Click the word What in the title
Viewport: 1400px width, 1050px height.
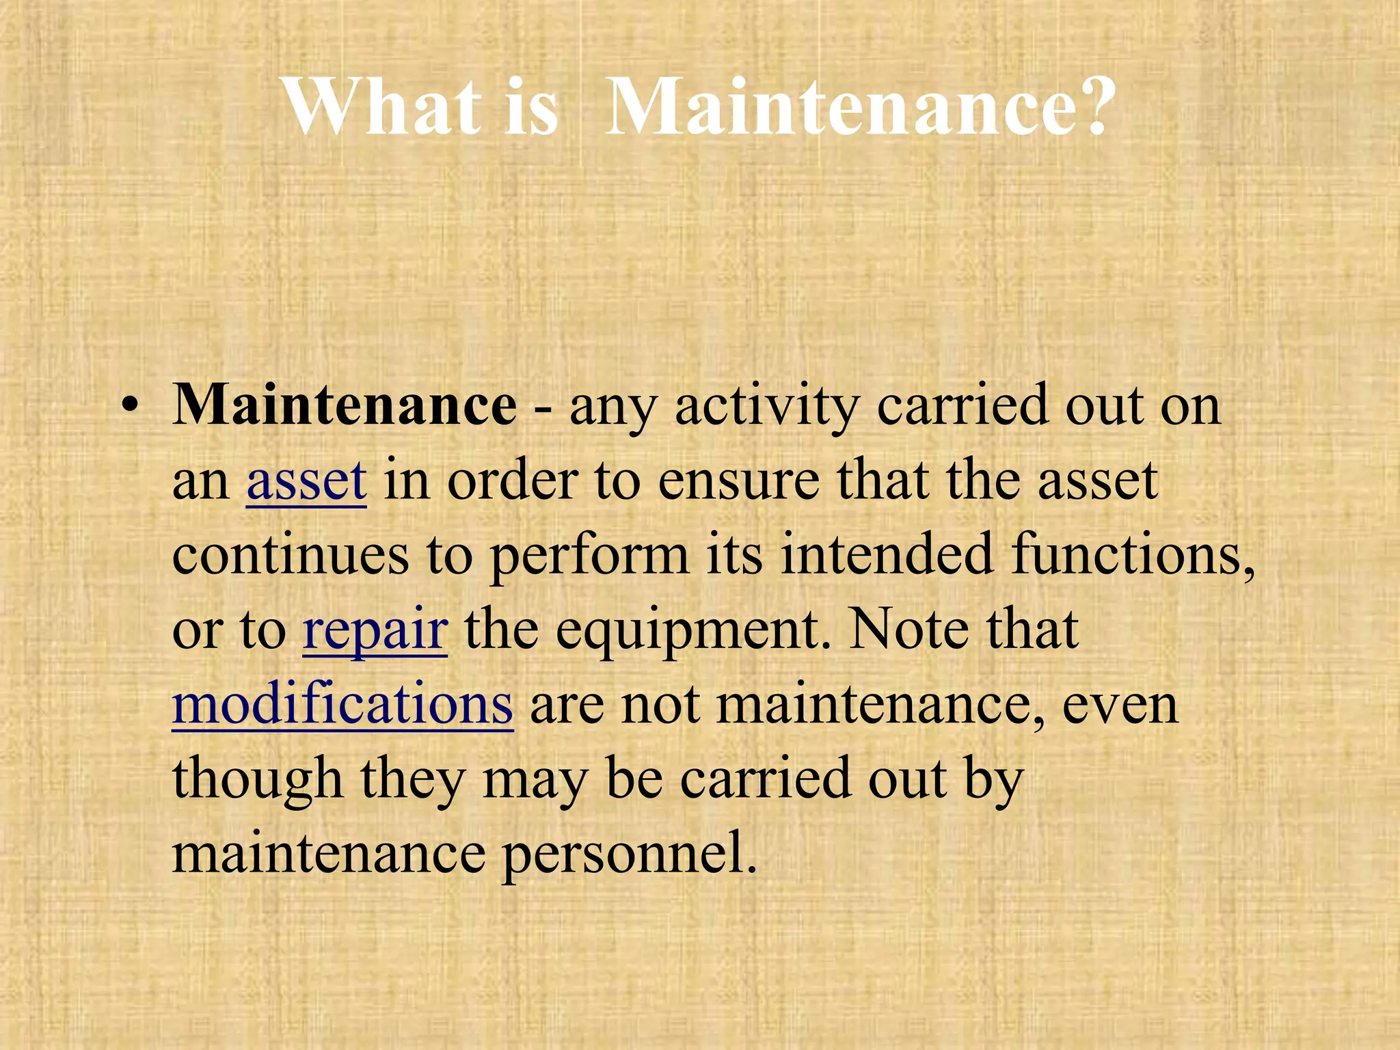coord(382,107)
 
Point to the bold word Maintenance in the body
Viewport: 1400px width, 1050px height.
coord(345,405)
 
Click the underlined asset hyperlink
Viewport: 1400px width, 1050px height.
coord(306,480)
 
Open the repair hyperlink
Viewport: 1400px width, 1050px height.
coord(375,630)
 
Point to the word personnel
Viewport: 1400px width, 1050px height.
coord(630,854)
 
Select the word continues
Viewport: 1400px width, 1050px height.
coord(291,555)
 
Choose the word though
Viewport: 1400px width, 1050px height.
coord(257,779)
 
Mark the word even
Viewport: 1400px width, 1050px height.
coord(1120,705)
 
